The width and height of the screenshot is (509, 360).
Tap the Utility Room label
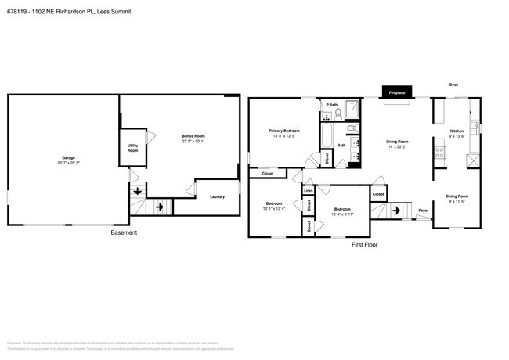click(133, 148)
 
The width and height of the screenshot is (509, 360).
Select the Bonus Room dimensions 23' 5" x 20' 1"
click(193, 142)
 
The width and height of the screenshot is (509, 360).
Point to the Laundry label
click(217, 196)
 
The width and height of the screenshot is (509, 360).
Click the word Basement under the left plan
click(123, 232)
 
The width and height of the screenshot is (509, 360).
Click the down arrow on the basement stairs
click(139, 190)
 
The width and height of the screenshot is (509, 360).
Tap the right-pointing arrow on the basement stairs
click(160, 207)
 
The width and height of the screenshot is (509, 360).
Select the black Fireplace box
click(397, 92)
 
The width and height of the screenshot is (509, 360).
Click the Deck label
click(453, 85)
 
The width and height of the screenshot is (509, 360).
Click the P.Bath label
click(332, 105)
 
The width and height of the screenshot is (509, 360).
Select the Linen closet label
click(308, 190)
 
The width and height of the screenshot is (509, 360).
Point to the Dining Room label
click(457, 196)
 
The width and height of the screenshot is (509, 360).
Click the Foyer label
click(423, 211)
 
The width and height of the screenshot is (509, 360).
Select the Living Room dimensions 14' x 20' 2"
click(398, 147)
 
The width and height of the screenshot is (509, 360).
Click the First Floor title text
click(364, 245)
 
